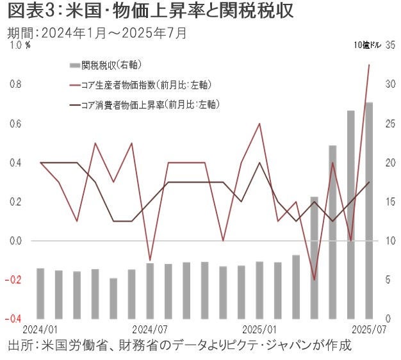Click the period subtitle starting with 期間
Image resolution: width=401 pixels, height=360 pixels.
tap(96, 33)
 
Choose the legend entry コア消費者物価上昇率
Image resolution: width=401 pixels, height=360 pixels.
tap(151, 104)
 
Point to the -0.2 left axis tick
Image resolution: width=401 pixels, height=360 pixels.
tap(16, 279)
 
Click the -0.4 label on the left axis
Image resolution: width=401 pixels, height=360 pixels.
tap(16, 318)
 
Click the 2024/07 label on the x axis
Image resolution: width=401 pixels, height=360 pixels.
tap(149, 329)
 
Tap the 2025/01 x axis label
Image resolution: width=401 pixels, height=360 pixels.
tap(259, 329)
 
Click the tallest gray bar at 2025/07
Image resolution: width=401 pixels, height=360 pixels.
tap(369, 211)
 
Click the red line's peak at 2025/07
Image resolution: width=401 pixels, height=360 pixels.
tap(369, 65)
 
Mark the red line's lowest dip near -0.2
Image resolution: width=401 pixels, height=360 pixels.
tap(314, 280)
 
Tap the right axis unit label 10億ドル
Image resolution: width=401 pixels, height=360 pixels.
tap(367, 45)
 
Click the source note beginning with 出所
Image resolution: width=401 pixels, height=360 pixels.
tap(179, 346)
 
